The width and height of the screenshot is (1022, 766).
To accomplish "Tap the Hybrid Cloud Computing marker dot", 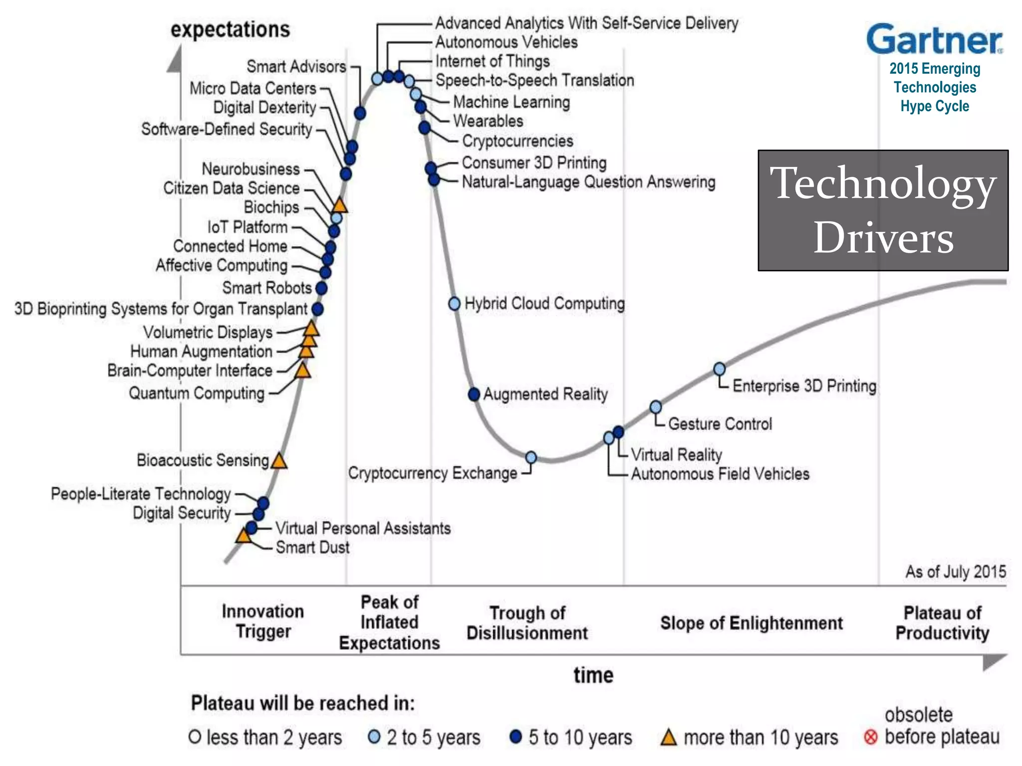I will pos(454,303).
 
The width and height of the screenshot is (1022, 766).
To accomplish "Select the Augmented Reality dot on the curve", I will pos(474,394).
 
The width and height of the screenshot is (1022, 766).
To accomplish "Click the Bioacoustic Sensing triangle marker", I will pos(279,461).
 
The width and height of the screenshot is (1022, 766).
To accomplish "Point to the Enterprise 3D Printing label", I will pos(804,386).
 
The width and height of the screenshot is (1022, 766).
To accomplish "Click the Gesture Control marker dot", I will pos(656,407).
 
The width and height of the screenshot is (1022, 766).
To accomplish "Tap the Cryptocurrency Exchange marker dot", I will pos(531,457).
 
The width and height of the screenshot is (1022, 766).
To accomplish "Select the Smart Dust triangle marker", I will pos(243,536).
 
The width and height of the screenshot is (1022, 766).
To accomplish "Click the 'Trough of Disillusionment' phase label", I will pos(527,622).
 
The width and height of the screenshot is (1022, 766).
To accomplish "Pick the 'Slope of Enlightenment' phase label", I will pos(752,623).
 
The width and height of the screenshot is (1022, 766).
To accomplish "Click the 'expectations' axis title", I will pos(230,29).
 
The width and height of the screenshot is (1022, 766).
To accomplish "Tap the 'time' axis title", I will pos(593,675).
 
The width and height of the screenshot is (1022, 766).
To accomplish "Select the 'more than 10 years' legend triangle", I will pos(668,737).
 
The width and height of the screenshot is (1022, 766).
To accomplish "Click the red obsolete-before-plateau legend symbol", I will pos(870,737).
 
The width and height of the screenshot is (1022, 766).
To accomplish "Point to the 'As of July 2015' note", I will pos(955,572).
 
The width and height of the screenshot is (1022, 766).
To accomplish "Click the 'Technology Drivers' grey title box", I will pos(883,210).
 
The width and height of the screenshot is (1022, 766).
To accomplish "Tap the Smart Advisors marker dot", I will pos(360,113).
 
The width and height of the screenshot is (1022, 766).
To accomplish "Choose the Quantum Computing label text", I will pos(197,393).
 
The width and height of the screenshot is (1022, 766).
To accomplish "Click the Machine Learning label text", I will pos(511,102).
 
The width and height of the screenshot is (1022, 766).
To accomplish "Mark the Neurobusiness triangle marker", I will pos(339,205).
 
